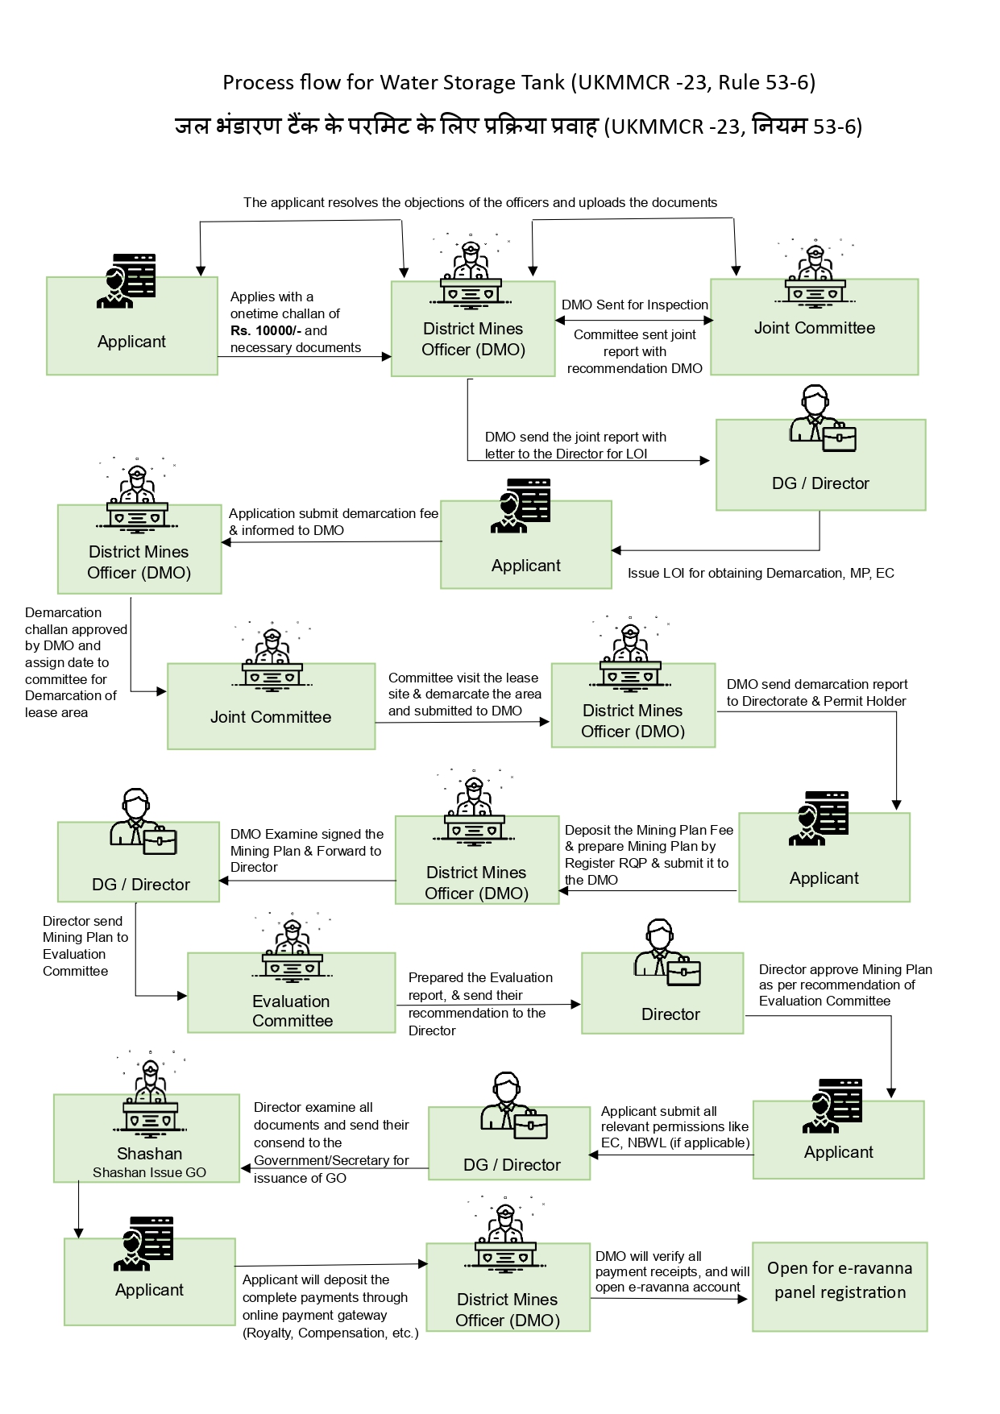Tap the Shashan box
coord(147,1138)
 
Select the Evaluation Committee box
coord(292,993)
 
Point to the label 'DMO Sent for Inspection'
coord(634,305)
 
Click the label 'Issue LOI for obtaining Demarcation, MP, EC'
coord(760,573)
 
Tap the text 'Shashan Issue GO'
coord(149,1172)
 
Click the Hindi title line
coord(518,126)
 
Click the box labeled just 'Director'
coord(662,993)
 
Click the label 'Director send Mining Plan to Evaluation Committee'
coord(85,946)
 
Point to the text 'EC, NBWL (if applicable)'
coord(675,1142)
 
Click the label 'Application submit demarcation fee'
coord(333,513)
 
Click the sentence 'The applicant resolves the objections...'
coord(480,202)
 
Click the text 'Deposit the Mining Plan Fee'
coord(649,830)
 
